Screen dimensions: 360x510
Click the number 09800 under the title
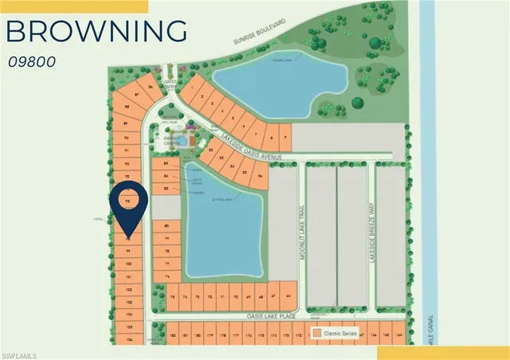tap(33, 61)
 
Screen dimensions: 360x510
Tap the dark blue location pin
tap(130, 205)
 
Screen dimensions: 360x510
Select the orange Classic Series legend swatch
tap(317, 333)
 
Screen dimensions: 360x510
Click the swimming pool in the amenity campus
tap(184, 140)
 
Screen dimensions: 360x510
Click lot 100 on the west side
tap(128, 262)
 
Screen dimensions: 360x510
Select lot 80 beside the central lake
tap(167, 226)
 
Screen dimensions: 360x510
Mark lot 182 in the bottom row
tap(174, 336)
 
